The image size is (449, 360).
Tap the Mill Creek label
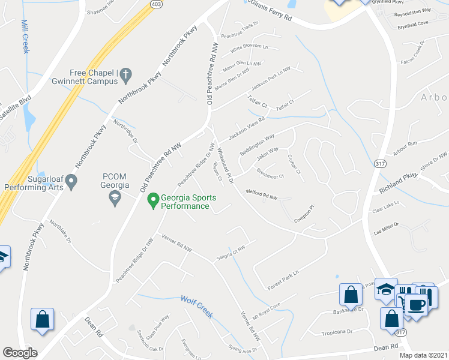(25, 36)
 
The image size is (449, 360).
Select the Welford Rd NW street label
(262, 195)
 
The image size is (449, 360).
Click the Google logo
(19, 353)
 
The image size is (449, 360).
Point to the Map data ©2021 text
(423, 355)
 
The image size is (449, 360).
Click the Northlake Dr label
(61, 231)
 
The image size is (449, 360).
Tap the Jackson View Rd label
(246, 126)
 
